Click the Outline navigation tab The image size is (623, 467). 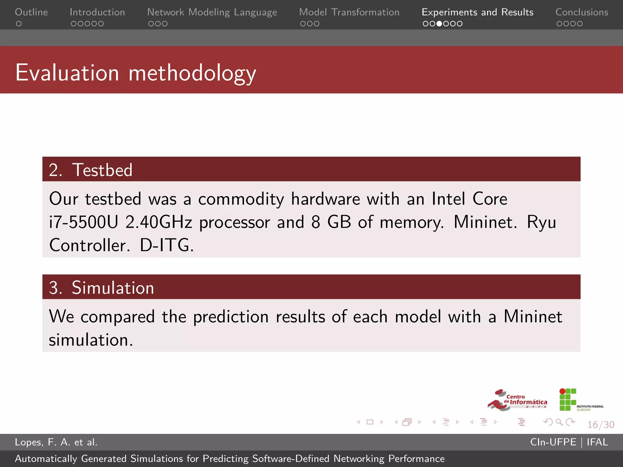point(31,12)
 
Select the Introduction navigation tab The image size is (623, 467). point(97,12)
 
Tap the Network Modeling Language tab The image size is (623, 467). point(212,12)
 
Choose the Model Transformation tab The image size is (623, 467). point(349,12)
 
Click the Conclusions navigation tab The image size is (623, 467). point(582,12)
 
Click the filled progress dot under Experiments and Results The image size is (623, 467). point(439,24)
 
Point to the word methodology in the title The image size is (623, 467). point(192,73)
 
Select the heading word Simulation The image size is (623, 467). point(113,288)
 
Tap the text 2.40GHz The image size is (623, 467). point(159,222)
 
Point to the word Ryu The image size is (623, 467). point(541,222)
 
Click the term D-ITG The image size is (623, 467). point(166,245)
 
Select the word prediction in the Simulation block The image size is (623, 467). point(231,317)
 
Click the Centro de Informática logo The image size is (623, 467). point(517,400)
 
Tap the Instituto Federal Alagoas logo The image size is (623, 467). point(580,400)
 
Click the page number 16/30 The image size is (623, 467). point(600,425)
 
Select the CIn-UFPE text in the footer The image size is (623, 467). point(553,442)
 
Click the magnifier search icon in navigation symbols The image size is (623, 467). point(559,422)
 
